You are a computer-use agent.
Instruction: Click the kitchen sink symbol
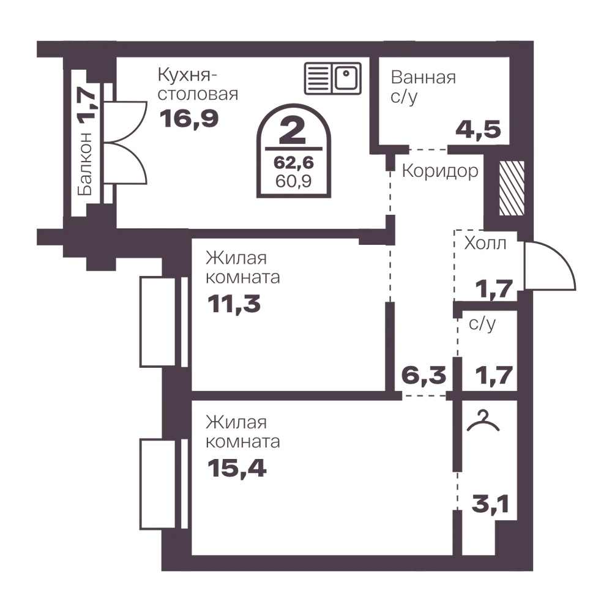coord(332,78)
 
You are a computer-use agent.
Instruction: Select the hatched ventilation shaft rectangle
coord(512,188)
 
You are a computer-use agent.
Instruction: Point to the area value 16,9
coord(189,119)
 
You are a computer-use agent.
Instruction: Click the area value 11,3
coord(234,304)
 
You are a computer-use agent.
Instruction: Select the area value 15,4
coord(237,468)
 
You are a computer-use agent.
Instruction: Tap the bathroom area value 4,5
coord(478,130)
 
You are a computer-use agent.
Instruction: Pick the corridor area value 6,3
coord(424,376)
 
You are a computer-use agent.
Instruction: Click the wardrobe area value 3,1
coord(490,504)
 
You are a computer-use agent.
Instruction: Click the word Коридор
coord(440,171)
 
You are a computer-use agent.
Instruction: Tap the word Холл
coord(485,243)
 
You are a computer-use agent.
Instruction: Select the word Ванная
coord(423,78)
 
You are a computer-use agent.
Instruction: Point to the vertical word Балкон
coord(84,164)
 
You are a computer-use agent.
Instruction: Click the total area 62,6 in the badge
coord(294,162)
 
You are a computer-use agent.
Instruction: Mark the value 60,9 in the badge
coord(294,181)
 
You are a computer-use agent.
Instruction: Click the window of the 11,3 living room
coord(164,322)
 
